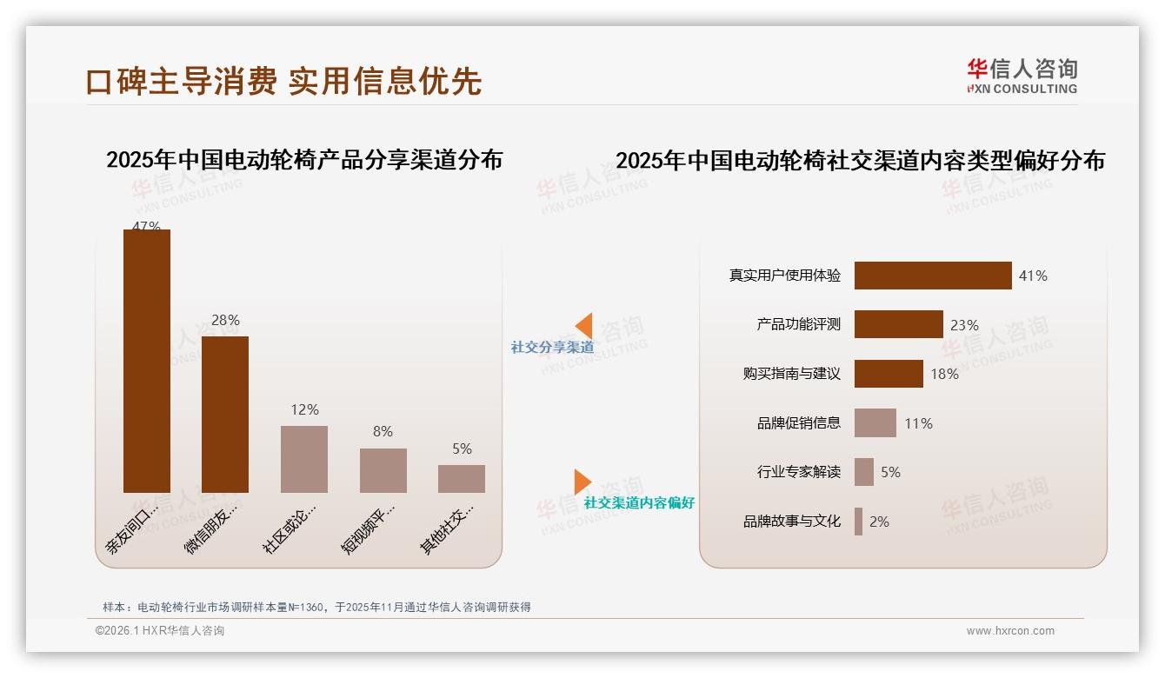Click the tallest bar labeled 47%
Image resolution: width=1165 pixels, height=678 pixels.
coord(147,361)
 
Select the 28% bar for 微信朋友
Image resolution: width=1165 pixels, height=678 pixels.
coord(225,415)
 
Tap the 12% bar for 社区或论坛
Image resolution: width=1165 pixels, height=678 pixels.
coord(304,459)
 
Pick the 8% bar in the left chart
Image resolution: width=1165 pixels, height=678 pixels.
coord(383,470)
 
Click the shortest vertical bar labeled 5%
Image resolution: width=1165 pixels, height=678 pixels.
coord(462,479)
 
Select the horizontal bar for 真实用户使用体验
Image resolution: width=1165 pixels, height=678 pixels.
coord(933,276)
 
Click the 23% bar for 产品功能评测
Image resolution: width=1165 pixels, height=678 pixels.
coord(898,324)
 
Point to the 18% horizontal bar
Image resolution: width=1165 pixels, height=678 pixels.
coord(889,374)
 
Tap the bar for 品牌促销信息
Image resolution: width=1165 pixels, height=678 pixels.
coord(875,423)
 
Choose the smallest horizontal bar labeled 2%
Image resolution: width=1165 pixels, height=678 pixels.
coord(859,522)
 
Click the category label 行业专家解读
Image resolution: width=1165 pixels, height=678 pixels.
coord(799,472)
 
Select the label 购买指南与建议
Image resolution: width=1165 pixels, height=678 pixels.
coord(792,374)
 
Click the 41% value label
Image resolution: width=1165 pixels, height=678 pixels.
coord(1033,276)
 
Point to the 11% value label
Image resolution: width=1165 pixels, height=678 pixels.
coord(918,423)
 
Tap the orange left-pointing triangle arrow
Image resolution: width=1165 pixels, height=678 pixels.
coord(584,325)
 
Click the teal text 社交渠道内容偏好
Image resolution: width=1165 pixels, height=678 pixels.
coord(639,502)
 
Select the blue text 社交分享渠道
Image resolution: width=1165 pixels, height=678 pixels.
coord(552,347)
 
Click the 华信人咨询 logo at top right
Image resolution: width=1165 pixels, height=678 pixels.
coord(1022,76)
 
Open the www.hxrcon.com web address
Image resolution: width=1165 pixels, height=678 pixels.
coord(1010,631)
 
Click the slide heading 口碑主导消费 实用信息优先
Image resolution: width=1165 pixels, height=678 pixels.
coord(283,81)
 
